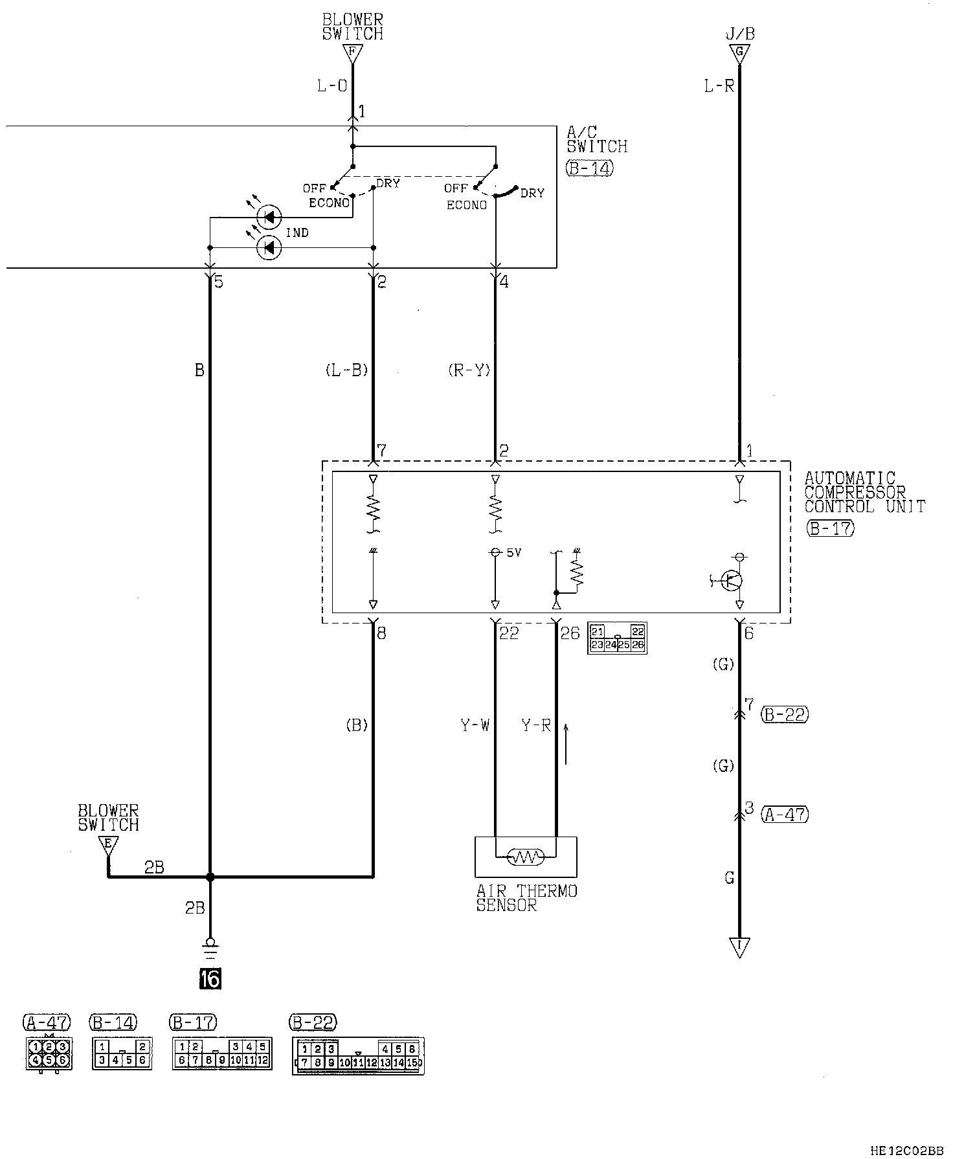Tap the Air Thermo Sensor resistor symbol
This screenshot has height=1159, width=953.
click(525, 857)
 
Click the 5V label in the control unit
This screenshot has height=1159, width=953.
click(513, 553)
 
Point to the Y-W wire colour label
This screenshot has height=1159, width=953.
click(475, 726)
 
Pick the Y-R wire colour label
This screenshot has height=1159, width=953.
click(536, 726)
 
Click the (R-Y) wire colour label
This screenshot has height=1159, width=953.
click(469, 370)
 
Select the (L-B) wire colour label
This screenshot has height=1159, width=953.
click(346, 370)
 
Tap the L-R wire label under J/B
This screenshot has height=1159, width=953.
click(719, 86)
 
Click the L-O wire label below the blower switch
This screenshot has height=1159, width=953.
click(332, 86)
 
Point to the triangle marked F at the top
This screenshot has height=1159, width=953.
click(352, 53)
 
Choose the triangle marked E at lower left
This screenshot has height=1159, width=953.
click(107, 844)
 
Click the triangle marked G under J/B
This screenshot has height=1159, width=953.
click(739, 54)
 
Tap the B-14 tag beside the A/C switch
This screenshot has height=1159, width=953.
click(589, 169)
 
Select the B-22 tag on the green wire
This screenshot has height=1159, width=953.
click(785, 714)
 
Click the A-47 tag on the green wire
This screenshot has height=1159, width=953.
click(785, 814)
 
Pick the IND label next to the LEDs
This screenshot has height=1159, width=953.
click(297, 233)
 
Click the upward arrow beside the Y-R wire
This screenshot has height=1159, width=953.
click(566, 744)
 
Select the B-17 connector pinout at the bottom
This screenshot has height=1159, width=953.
click(221, 1053)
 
